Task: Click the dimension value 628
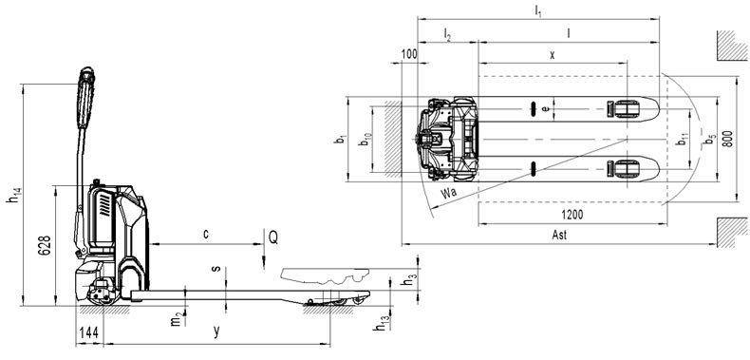point(45,246)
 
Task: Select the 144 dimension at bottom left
point(89,333)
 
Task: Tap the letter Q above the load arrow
point(273,237)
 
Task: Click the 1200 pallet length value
point(572,215)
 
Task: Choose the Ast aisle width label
point(559,235)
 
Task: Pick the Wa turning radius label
point(449,194)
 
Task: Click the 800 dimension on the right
point(727,139)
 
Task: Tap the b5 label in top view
point(710,141)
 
